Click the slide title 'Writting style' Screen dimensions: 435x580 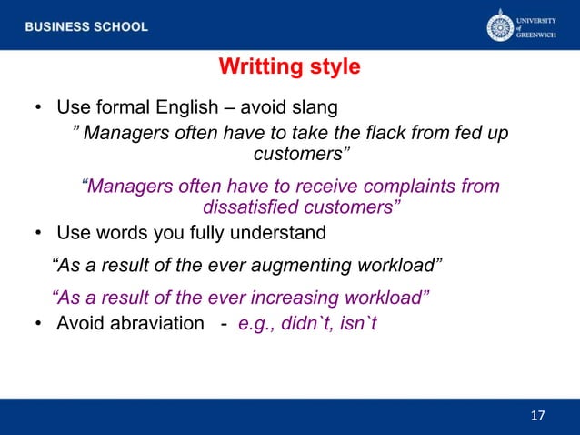(290, 67)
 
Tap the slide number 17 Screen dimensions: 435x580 (537, 416)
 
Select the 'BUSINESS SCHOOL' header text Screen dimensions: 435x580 (86, 27)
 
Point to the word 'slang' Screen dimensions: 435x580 (315, 108)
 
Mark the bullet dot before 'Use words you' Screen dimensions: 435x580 (39, 234)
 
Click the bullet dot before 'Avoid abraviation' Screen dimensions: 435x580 (39, 324)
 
